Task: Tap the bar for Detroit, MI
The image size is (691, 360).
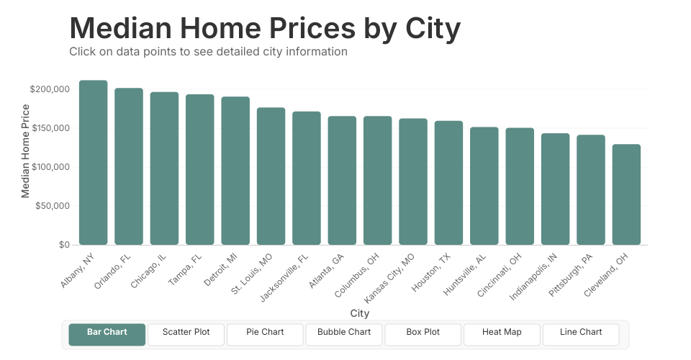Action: pos(235,171)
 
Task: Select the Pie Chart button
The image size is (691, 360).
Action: pos(265,333)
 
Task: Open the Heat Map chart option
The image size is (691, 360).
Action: pos(502,333)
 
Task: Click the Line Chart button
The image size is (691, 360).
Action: pos(581,333)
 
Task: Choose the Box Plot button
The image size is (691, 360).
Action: pos(423,333)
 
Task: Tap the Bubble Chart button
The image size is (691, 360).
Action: pos(344,333)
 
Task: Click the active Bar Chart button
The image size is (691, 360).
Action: pos(107,333)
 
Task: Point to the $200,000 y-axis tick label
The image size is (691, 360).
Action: pos(50,89)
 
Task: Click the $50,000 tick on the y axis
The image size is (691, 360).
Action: pos(52,206)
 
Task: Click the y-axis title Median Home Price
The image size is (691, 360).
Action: pos(26,151)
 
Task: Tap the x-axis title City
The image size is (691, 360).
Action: pos(360,313)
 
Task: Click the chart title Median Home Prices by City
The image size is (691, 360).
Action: pos(265,29)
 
